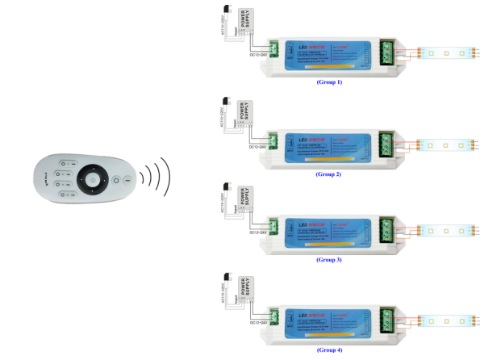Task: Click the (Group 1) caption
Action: click(x=328, y=83)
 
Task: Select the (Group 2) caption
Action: click(x=328, y=174)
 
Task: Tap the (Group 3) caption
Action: click(x=328, y=260)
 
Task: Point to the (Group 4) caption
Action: click(x=328, y=350)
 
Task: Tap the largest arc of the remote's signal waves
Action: click(x=167, y=177)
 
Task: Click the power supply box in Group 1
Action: click(x=245, y=22)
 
